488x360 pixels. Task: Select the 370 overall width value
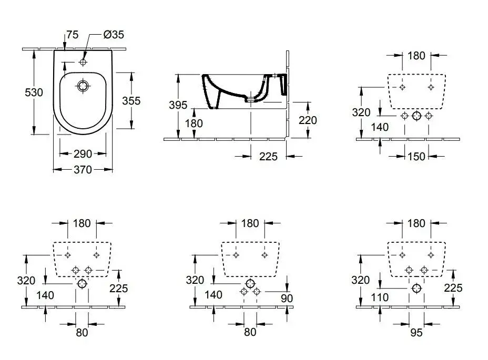click(x=83, y=169)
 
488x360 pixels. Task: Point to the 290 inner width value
click(x=83, y=153)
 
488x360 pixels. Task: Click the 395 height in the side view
click(x=178, y=105)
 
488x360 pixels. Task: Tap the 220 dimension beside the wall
click(x=308, y=120)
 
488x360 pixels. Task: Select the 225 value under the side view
click(x=268, y=156)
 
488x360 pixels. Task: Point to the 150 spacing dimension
click(x=416, y=156)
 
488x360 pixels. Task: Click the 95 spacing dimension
click(x=416, y=332)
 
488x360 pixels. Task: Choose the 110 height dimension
click(x=379, y=297)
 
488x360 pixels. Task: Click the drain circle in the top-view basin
click(x=83, y=86)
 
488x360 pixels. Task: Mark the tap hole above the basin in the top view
click(x=83, y=62)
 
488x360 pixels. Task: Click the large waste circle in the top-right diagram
click(x=416, y=116)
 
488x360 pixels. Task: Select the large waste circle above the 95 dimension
click(x=416, y=288)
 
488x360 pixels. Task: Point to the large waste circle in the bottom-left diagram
click(x=82, y=284)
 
